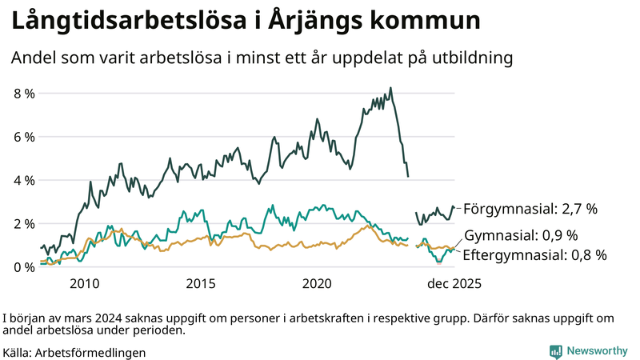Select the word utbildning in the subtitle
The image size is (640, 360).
(x=472, y=58)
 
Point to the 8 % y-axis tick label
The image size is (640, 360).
(x=24, y=94)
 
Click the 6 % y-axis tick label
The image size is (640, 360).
(x=24, y=137)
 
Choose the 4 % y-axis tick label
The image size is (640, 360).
(x=24, y=180)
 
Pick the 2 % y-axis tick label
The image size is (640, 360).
(x=24, y=223)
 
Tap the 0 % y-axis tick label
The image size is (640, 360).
(x=24, y=266)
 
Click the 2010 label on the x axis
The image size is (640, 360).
(x=85, y=283)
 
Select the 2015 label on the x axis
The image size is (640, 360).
(x=201, y=283)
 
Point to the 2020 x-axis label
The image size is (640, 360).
(x=318, y=283)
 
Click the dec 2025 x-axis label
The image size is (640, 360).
(x=452, y=283)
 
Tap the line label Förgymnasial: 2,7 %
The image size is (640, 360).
(x=530, y=209)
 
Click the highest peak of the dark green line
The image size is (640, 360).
(x=390, y=88)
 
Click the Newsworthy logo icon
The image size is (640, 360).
(x=555, y=351)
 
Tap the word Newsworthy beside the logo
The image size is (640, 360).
(x=597, y=351)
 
